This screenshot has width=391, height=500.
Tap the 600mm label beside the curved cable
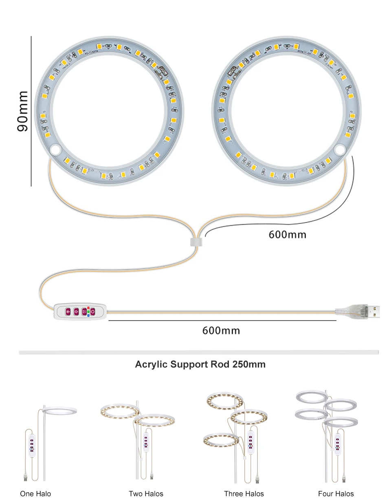point(287,234)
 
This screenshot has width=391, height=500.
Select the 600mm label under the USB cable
point(221,330)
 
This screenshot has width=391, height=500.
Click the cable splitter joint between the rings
point(196,241)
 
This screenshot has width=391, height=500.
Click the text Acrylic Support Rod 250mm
point(200,364)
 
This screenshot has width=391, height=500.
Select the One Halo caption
point(35,493)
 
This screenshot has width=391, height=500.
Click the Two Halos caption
point(146,493)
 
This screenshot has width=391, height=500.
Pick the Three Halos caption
point(244,493)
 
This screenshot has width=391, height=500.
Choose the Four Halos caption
point(336,493)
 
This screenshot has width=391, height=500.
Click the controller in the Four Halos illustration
point(337,444)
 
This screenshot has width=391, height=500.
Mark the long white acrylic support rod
point(198,352)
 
